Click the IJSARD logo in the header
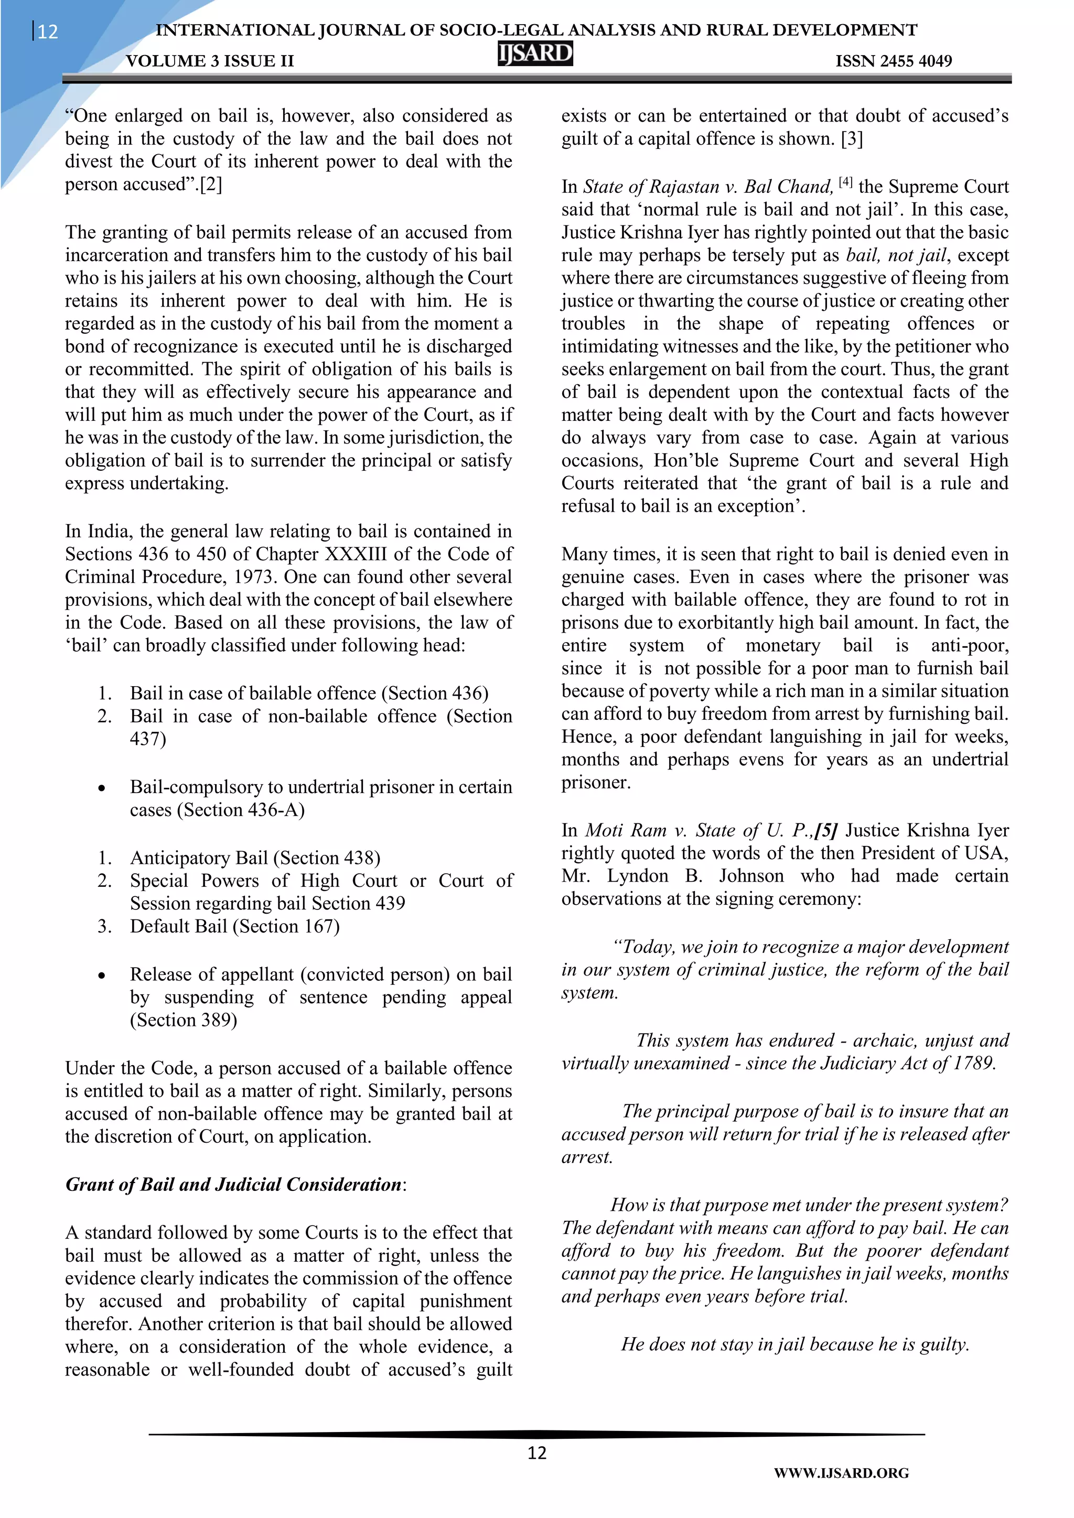pyautogui.click(x=535, y=53)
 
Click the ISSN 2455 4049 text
pyautogui.click(x=894, y=61)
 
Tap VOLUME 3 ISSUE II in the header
pyautogui.click(x=210, y=61)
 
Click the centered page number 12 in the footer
pyautogui.click(x=536, y=1452)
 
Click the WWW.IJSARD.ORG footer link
pyautogui.click(x=841, y=1473)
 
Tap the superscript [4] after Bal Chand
pyautogui.click(x=846, y=182)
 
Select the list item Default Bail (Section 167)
pyautogui.click(x=235, y=926)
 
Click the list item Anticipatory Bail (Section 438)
pyautogui.click(x=255, y=858)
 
